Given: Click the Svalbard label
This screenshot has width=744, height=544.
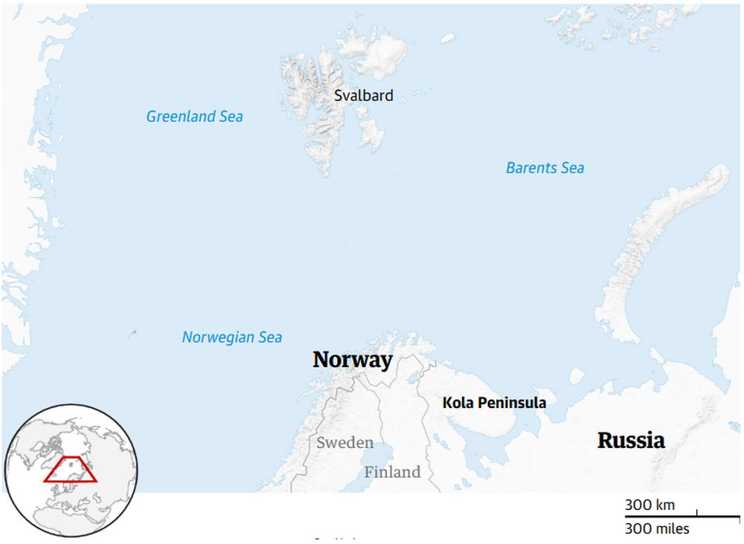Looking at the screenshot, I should click(x=364, y=96).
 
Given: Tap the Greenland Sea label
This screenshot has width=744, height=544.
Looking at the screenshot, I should click(x=194, y=117).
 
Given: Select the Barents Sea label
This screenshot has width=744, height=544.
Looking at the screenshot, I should click(x=545, y=168).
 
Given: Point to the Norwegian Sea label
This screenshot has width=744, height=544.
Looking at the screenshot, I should click(x=232, y=337).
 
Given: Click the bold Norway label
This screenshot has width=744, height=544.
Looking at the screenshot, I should click(x=352, y=360).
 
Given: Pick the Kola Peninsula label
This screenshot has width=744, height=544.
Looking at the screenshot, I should click(x=494, y=403).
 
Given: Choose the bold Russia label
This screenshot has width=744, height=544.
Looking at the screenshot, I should click(x=631, y=440).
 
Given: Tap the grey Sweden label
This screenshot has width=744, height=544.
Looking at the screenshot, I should click(x=345, y=443).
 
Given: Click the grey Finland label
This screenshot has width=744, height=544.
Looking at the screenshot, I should click(x=392, y=472).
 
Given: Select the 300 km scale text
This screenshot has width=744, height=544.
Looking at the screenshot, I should click(x=650, y=505).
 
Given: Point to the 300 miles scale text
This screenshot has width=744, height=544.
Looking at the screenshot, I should click(x=657, y=529).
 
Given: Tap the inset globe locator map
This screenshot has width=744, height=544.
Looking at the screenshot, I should click(x=70, y=470).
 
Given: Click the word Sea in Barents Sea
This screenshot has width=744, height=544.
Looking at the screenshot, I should click(x=571, y=168).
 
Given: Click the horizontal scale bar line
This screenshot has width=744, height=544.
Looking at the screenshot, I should click(x=682, y=516).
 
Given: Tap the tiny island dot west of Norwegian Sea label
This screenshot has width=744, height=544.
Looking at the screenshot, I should click(x=133, y=332).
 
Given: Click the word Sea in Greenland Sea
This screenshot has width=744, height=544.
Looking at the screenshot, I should click(x=230, y=117).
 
